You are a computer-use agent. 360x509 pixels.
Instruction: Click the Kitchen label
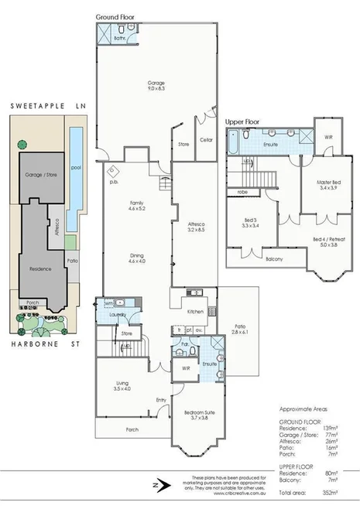[x=195, y=311]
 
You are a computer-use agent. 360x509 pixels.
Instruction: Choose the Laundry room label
[x=118, y=316]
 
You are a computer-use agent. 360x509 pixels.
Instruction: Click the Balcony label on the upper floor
[x=273, y=258]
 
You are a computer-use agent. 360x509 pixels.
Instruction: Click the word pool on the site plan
[x=75, y=166]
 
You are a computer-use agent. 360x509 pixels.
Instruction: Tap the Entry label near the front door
[x=161, y=400]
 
